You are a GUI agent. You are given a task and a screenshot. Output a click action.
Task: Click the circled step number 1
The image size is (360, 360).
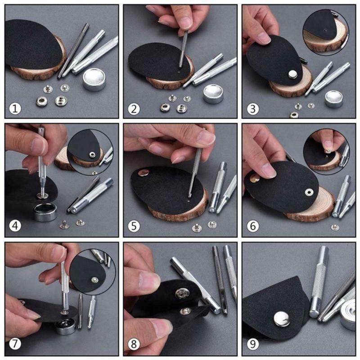pyautogui.click(x=16, y=108)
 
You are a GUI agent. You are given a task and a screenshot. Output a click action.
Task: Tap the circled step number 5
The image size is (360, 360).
pyautogui.click(x=134, y=226)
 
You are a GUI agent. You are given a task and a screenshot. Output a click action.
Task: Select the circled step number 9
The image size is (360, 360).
pyautogui.click(x=253, y=345)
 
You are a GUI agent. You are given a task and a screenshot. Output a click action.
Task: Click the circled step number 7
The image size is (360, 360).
pyautogui.click(x=16, y=345)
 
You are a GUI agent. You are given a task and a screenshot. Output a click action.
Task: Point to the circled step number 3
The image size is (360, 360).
pyautogui.click(x=253, y=108)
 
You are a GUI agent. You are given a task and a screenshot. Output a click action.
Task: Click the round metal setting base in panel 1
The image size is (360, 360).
pyautogui.click(x=94, y=80)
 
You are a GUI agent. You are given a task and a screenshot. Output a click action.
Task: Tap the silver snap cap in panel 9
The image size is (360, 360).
pyautogui.click(x=282, y=319)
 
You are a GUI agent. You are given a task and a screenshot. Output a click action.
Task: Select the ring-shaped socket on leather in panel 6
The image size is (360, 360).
pyautogui.click(x=309, y=192)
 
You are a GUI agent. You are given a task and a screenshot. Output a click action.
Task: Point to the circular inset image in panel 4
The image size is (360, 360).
pyautogui.click(x=85, y=150)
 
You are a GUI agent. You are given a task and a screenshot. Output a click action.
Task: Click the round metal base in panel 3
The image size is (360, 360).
pyautogui.click(x=334, y=98)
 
